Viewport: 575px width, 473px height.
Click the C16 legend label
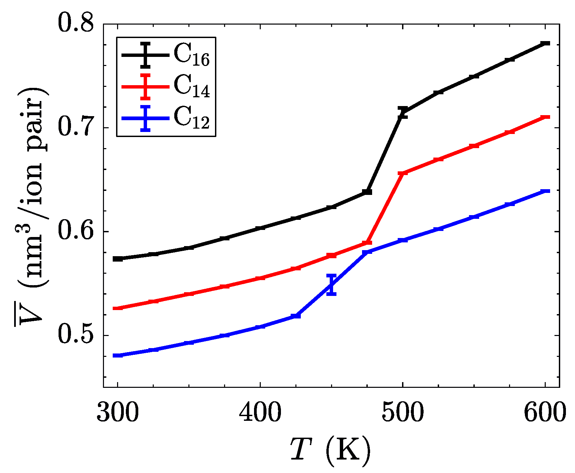[191, 55]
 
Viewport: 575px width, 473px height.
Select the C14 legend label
[191, 87]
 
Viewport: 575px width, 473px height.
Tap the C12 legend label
[191, 118]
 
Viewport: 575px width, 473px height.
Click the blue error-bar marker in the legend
[145, 118]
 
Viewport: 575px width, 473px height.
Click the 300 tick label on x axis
[117, 413]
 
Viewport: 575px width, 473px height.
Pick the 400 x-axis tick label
[260, 413]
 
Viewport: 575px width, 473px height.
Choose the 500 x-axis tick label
[402, 413]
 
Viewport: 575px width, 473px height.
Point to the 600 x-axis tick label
[545, 413]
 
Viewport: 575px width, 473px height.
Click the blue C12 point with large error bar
[331, 285]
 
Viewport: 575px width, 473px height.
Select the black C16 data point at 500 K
[402, 112]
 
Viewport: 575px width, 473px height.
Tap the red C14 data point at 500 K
[402, 173]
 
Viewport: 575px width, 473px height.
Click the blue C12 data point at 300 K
[117, 356]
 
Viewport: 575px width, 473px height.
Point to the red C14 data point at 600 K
[545, 117]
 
